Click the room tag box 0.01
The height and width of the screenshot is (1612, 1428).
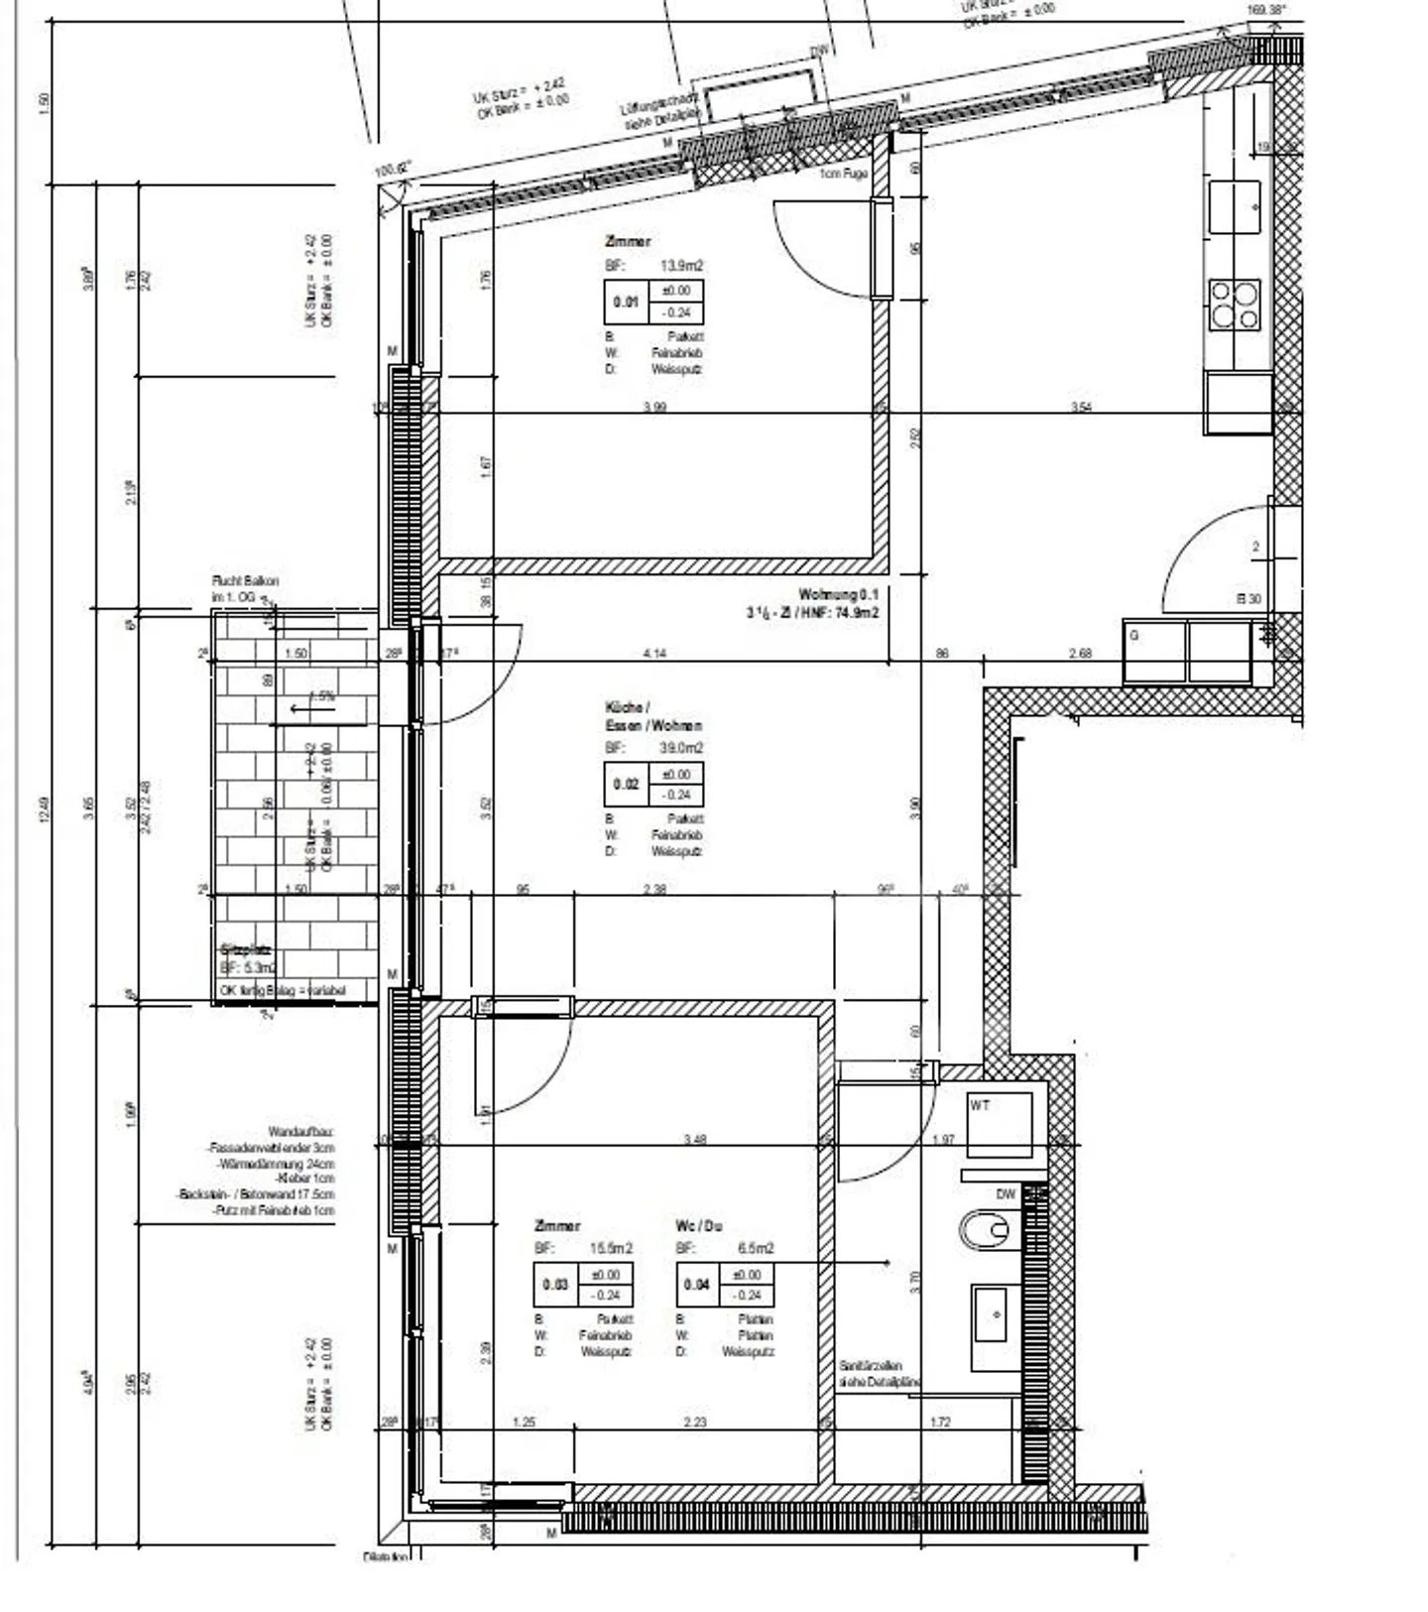point(625,302)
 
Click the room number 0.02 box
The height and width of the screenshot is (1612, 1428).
point(626,785)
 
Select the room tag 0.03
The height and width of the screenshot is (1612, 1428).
point(555,1285)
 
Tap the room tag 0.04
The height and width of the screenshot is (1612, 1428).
point(697,1285)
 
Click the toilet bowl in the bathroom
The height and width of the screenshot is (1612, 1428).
point(985,1230)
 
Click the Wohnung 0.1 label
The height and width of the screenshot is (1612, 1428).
point(838,594)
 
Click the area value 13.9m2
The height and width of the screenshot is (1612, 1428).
point(681,266)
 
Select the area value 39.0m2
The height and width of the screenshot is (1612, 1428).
point(681,748)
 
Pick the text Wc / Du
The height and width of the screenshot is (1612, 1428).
point(698,1226)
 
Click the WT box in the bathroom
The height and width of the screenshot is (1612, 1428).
point(1000,1125)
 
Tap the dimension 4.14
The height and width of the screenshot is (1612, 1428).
point(654,654)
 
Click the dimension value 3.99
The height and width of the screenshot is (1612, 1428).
point(654,407)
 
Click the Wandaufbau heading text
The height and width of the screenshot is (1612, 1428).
point(301,1131)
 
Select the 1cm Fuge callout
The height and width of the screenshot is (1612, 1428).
point(843,174)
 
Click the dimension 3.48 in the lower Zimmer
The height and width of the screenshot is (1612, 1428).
point(694,1140)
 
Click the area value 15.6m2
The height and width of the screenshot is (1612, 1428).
point(611,1248)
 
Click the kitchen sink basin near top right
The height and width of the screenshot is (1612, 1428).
point(1235,207)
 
